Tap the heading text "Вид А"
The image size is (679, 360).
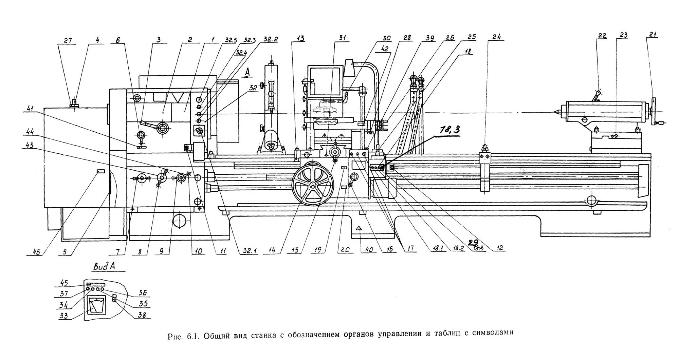pyautogui.click(x=104, y=266)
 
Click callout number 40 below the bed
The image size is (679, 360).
pyautogui.click(x=369, y=249)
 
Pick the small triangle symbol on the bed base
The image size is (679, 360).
pyautogui.click(x=358, y=229)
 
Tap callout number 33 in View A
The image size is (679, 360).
pyautogui.click(x=63, y=316)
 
